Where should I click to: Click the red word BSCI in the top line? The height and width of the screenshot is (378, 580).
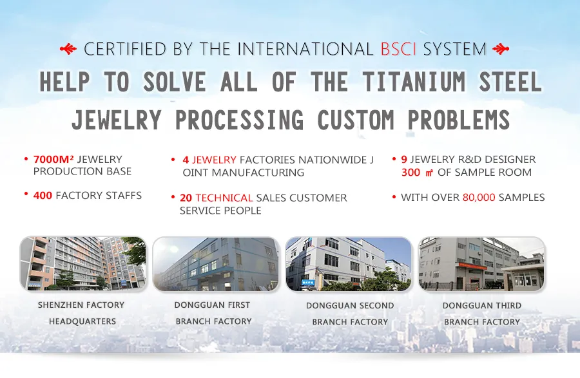pos(398,49)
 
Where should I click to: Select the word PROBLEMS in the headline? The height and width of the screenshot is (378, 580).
pos(459,120)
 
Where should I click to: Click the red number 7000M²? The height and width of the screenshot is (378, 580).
pos(53,159)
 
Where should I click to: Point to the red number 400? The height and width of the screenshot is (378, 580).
pos(43,195)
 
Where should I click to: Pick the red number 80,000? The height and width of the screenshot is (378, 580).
pos(479,197)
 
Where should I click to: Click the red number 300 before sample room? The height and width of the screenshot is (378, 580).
pos(411,172)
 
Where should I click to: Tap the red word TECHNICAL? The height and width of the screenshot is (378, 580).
pos(224,198)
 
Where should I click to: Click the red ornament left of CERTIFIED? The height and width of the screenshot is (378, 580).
pos(68,49)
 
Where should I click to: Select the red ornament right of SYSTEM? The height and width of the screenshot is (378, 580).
pos(501,49)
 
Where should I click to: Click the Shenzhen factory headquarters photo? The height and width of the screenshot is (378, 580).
pos(83,264)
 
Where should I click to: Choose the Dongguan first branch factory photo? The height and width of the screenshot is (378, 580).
pos(216,264)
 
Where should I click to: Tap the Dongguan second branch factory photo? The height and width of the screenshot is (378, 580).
pos(349,264)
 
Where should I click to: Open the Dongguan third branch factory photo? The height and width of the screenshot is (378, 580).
pos(481,264)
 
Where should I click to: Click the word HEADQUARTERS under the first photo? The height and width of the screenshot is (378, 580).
pos(82,321)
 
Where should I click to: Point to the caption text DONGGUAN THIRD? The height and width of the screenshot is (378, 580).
pos(482,306)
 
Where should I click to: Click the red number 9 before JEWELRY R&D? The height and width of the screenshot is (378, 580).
pos(404,159)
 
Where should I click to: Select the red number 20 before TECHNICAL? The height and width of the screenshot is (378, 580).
pos(186,198)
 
